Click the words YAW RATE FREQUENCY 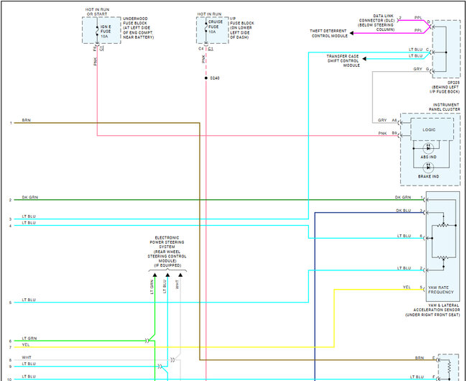[x=442, y=289]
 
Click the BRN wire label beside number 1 [x=27, y=121]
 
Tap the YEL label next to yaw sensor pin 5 [x=407, y=288]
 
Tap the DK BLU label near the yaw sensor [x=403, y=210]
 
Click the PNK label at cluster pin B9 [x=384, y=132]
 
